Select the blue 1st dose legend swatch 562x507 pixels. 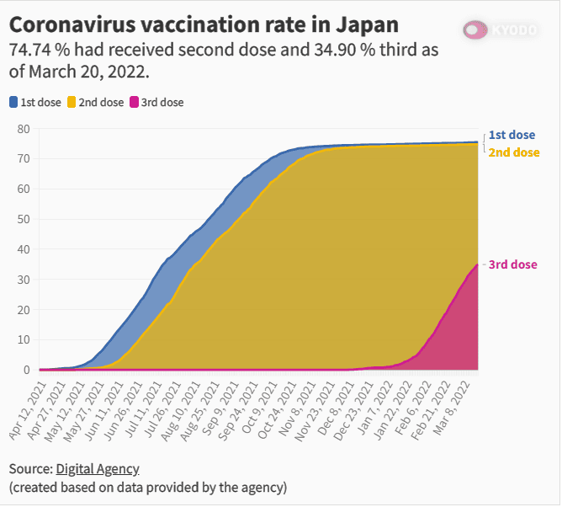pyautogui.click(x=13, y=103)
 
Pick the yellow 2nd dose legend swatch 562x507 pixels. pyautogui.click(x=72, y=103)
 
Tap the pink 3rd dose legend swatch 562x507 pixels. pyautogui.click(x=135, y=103)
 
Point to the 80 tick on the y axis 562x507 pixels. pyautogui.click(x=24, y=129)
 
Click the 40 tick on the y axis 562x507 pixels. pyautogui.click(x=24, y=249)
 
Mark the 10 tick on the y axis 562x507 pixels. pyautogui.click(x=24, y=339)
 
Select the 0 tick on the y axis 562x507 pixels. pyautogui.click(x=27, y=370)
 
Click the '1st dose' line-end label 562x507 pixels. pyautogui.click(x=512, y=135)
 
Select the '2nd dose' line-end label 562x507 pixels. pyautogui.click(x=513, y=152)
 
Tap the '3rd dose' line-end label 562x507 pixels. pyautogui.click(x=512, y=264)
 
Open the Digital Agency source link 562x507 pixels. pyautogui.click(x=98, y=469)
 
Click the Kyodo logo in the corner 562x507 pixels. pyautogui.click(x=500, y=30)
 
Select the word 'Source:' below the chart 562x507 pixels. pyautogui.click(x=30, y=469)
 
